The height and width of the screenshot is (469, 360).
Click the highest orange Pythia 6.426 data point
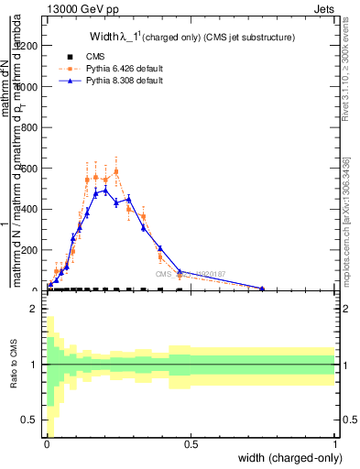click(x=115, y=170)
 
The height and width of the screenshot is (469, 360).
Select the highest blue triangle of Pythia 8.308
click(x=105, y=190)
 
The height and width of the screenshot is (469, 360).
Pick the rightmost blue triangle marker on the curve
click(x=262, y=289)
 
